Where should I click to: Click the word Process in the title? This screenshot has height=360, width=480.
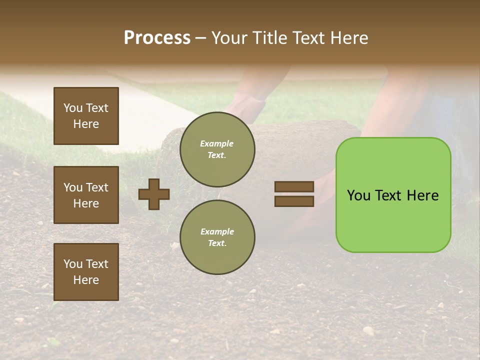point(157,38)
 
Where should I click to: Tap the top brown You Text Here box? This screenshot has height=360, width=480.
point(86,116)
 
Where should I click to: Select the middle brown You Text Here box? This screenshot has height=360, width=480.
point(86,195)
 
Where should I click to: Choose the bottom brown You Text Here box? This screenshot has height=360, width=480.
point(86,272)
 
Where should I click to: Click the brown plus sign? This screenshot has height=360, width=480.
point(154,194)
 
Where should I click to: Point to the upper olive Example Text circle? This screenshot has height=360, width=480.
point(217,149)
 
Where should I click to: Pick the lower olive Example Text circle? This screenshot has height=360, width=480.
point(217,237)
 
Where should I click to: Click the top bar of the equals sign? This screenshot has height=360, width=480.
point(294,187)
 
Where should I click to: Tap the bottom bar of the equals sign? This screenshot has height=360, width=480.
point(294,201)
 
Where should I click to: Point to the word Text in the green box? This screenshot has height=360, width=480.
point(389,195)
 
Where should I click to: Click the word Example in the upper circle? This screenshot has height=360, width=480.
point(216,143)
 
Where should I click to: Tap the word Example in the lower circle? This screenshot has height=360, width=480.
point(216,231)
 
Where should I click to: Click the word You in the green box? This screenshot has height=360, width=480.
point(358,195)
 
